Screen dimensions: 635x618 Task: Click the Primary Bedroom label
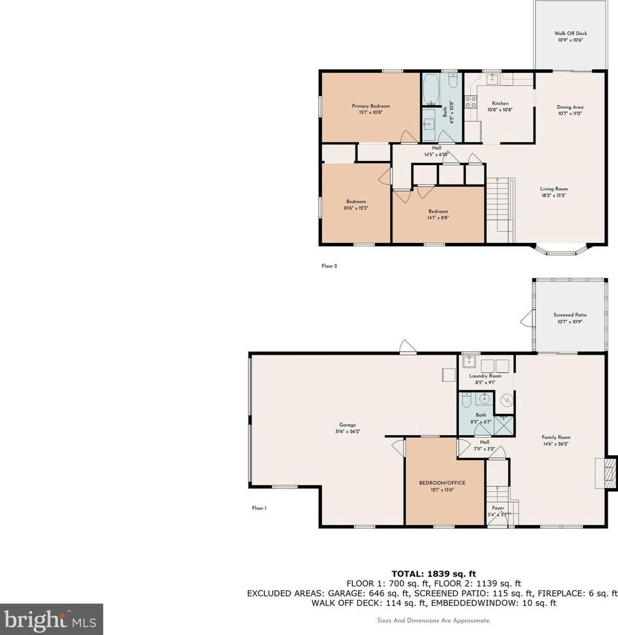click(371, 106)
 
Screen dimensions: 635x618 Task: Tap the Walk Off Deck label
click(570, 34)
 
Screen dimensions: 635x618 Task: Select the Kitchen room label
click(500, 104)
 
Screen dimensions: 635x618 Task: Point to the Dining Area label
click(569, 107)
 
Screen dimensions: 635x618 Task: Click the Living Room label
click(554, 189)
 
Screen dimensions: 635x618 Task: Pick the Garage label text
click(347, 425)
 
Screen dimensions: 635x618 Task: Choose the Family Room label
click(556, 437)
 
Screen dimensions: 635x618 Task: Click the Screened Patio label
click(569, 315)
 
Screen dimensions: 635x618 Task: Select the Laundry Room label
click(486, 376)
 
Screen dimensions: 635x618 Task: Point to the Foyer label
click(498, 508)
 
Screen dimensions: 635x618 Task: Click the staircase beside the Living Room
click(500, 209)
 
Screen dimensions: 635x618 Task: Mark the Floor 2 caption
click(329, 266)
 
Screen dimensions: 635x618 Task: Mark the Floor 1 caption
click(259, 508)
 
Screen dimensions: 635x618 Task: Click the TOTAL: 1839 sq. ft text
click(432, 573)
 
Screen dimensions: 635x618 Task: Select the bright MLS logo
click(51, 619)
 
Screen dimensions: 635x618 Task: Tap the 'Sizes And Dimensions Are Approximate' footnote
click(432, 620)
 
